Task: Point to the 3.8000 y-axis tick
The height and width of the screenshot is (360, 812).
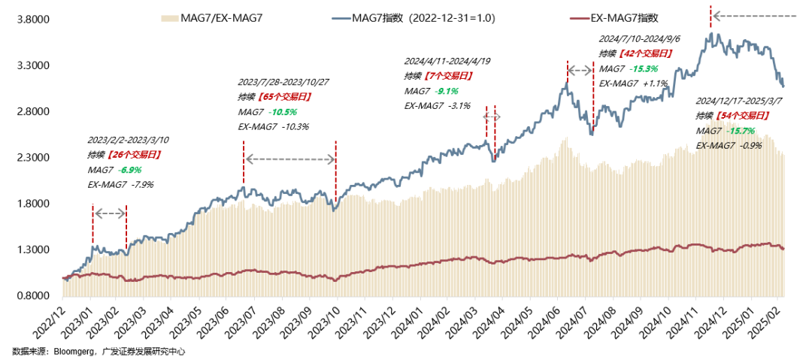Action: [34, 20]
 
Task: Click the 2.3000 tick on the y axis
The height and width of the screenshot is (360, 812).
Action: [34, 158]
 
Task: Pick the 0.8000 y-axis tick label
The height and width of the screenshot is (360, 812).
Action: [34, 296]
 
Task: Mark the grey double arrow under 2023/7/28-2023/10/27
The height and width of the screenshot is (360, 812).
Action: [290, 159]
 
